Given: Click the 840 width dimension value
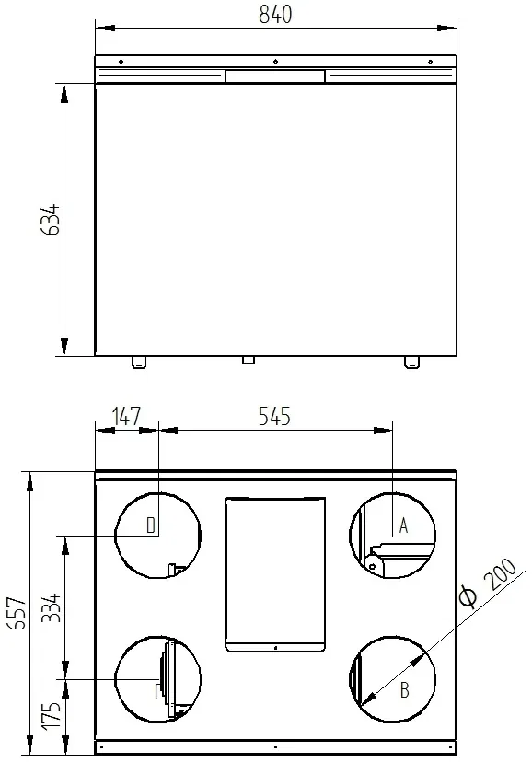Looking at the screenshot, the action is [275, 15].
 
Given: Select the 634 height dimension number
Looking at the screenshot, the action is [51, 220].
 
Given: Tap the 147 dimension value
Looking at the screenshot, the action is [126, 417].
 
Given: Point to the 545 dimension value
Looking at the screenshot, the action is [274, 417].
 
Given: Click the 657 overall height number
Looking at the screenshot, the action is [18, 613].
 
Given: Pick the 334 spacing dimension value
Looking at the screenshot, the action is [51, 607].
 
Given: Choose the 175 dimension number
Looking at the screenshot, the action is [51, 715].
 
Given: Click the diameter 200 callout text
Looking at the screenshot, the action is [487, 583].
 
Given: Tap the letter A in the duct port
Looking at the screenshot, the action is [403, 525].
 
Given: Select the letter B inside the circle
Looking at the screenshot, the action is [405, 690].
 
